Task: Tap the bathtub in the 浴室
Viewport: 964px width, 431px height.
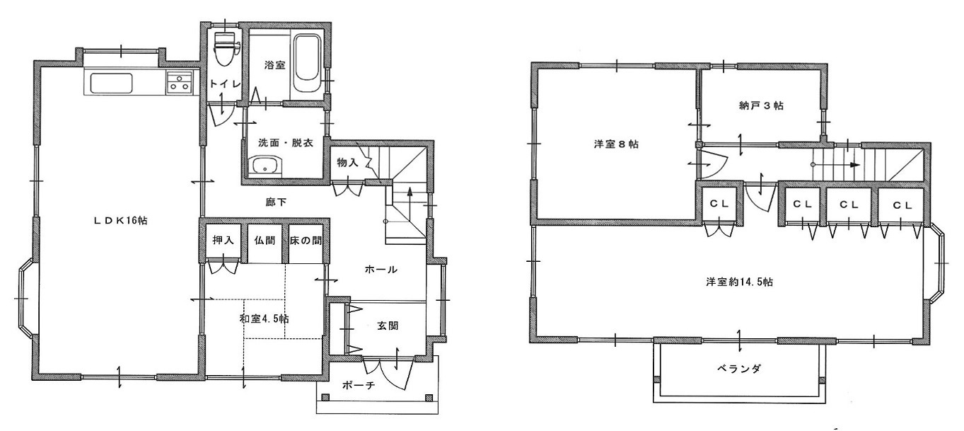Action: click(306, 64)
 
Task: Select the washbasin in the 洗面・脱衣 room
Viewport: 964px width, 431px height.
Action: click(265, 166)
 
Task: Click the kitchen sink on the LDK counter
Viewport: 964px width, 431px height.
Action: click(111, 83)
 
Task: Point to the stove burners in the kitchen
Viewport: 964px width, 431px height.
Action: click(180, 82)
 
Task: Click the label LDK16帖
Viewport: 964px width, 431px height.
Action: click(121, 220)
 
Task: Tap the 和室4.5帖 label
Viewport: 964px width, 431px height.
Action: click(264, 319)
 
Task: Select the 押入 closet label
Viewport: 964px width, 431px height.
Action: click(223, 240)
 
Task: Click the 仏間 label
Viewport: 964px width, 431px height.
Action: click(265, 240)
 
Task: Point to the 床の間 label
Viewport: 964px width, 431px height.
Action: click(306, 240)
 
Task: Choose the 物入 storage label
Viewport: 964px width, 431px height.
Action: click(347, 162)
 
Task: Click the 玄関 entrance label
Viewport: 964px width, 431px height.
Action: click(388, 326)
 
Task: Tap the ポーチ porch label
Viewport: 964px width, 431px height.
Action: click(359, 385)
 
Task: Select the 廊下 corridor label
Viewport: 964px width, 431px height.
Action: click(276, 202)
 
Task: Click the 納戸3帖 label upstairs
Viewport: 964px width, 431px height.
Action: click(761, 105)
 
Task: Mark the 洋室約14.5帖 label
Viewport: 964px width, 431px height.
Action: click(739, 282)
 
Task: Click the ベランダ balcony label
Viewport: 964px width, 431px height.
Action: click(739, 369)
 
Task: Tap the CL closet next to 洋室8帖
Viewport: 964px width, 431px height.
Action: click(719, 204)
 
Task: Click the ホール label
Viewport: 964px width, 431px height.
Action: click(381, 270)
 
